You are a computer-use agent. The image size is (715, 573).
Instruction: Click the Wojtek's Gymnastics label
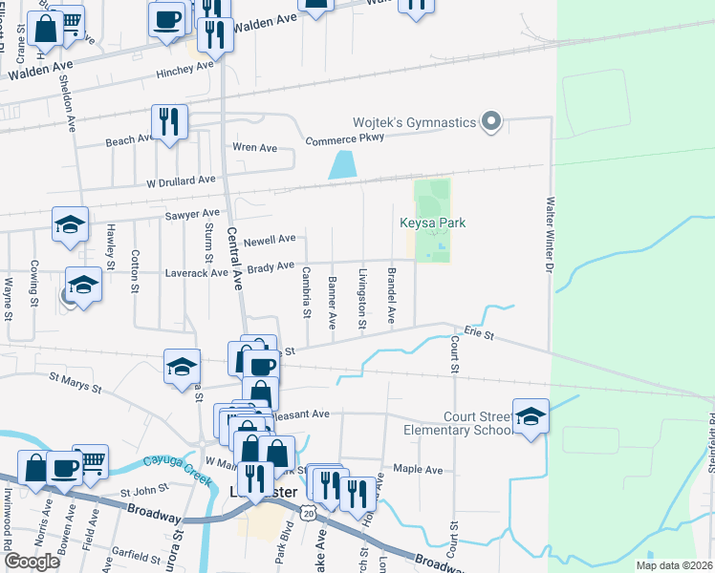click(x=414, y=122)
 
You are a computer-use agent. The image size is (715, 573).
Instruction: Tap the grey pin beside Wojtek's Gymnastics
click(x=491, y=121)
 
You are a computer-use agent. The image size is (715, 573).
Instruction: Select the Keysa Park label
click(x=432, y=223)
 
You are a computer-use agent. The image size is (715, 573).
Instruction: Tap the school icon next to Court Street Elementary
click(x=531, y=415)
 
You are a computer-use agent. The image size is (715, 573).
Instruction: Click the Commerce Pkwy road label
click(x=344, y=138)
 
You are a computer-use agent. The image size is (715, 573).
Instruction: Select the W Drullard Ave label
click(x=181, y=180)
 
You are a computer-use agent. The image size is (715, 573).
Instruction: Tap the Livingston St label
click(x=362, y=299)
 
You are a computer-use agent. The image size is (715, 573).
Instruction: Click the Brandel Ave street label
click(x=391, y=296)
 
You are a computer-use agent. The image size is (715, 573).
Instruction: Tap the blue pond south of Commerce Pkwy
click(x=341, y=164)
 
